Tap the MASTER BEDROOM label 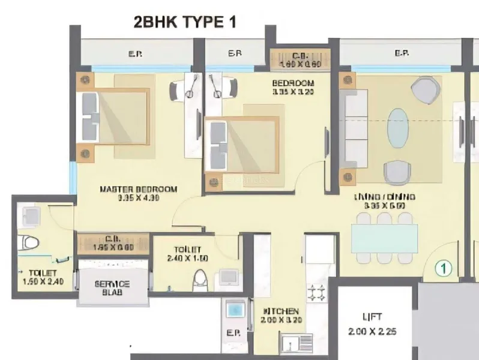tap(138, 190)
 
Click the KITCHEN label tap(281, 311)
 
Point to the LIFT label tap(372, 317)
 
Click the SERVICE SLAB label tap(112, 289)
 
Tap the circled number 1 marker tap(443, 268)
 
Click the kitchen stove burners tap(317, 292)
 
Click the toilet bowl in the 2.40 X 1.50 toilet tap(201, 280)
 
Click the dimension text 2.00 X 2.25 tap(372, 331)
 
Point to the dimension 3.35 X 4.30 tap(138, 198)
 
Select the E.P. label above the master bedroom tap(134, 54)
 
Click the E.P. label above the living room tap(402, 54)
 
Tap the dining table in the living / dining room tap(385, 239)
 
